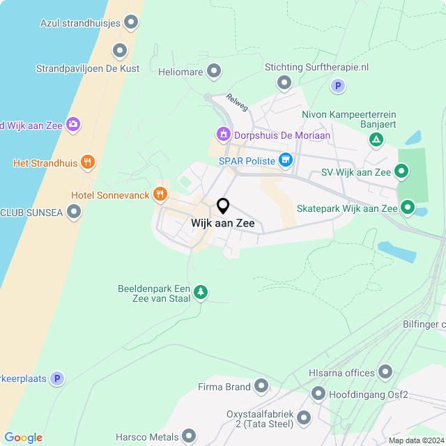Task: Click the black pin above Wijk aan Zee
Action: pos(223,206)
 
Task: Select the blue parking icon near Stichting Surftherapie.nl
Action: pos(337,86)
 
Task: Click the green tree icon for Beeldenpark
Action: pos(201,291)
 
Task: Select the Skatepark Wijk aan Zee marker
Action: pos(407,208)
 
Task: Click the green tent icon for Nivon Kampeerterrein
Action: pos(376,140)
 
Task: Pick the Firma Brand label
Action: pos(224,387)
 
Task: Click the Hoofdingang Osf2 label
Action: pos(369,395)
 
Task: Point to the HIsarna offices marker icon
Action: pos(385,373)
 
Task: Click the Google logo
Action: pos(23,438)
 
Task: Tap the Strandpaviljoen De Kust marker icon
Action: pos(120,50)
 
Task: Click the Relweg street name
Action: pos(237,102)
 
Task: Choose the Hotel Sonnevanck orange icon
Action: pos(160,194)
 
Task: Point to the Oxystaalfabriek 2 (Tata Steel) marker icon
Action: pos(304,418)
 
